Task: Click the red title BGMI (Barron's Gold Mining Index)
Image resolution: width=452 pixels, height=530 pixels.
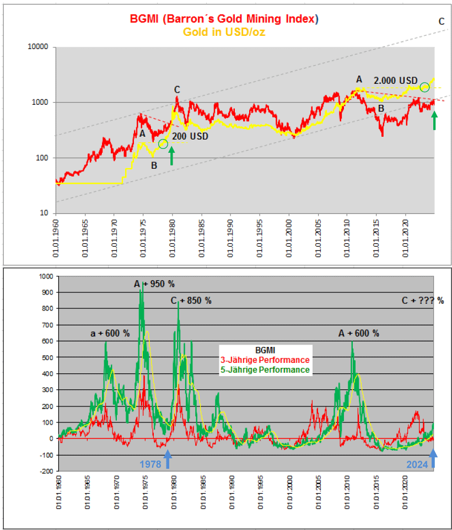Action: (x=224, y=19)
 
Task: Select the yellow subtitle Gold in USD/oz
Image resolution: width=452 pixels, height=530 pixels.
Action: (x=224, y=31)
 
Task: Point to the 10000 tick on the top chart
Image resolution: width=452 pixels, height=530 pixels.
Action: (x=38, y=47)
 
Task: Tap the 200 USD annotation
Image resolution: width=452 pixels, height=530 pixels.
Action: (x=190, y=136)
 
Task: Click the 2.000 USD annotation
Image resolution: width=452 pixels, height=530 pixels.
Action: (x=396, y=80)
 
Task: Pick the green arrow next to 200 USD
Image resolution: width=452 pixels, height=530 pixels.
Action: (x=171, y=156)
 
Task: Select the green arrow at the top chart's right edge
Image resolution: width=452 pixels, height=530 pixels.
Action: (x=434, y=120)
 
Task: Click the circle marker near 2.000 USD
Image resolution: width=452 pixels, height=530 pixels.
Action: (x=424, y=87)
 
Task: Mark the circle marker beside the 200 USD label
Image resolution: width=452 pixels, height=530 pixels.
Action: (x=163, y=144)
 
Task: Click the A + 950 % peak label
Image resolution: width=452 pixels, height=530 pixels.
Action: (x=154, y=284)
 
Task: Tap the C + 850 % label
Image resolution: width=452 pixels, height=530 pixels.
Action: (x=191, y=301)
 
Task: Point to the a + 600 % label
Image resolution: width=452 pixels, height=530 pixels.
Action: (x=110, y=334)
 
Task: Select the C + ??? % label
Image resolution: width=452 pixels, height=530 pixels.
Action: (x=423, y=301)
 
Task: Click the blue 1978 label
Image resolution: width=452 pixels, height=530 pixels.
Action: (x=150, y=464)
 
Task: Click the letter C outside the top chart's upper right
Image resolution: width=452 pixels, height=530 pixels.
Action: (x=442, y=22)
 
